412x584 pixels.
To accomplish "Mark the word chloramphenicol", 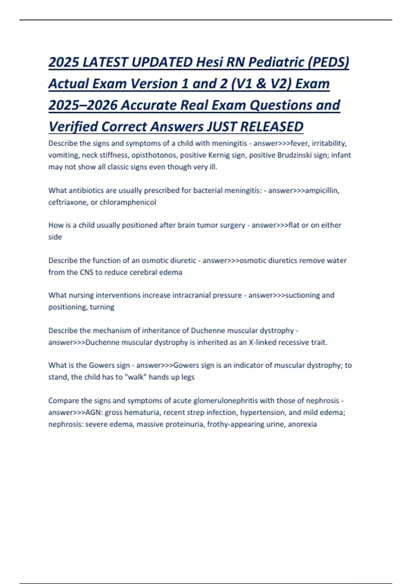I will tap(128, 202).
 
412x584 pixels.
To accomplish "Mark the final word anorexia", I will tap(302, 424).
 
